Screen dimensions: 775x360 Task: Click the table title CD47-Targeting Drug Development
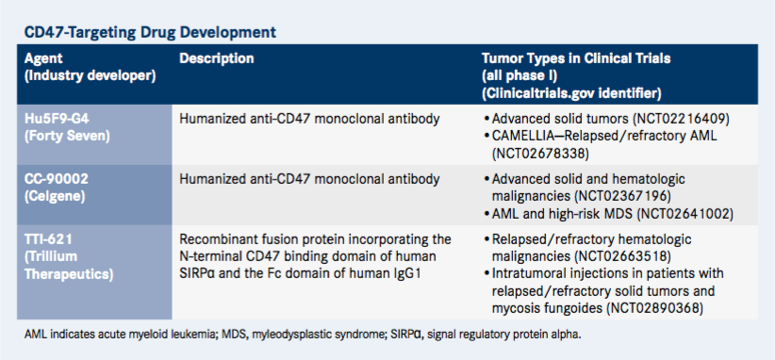tap(150, 33)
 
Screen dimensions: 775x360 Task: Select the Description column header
tap(217, 58)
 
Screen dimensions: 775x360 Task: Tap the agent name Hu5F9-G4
tap(58, 120)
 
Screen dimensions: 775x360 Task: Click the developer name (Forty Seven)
tap(67, 136)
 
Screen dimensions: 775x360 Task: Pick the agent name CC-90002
tap(57, 179)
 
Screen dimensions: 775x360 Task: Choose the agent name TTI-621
tap(49, 240)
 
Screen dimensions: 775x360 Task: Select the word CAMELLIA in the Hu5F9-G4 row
tap(522, 137)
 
